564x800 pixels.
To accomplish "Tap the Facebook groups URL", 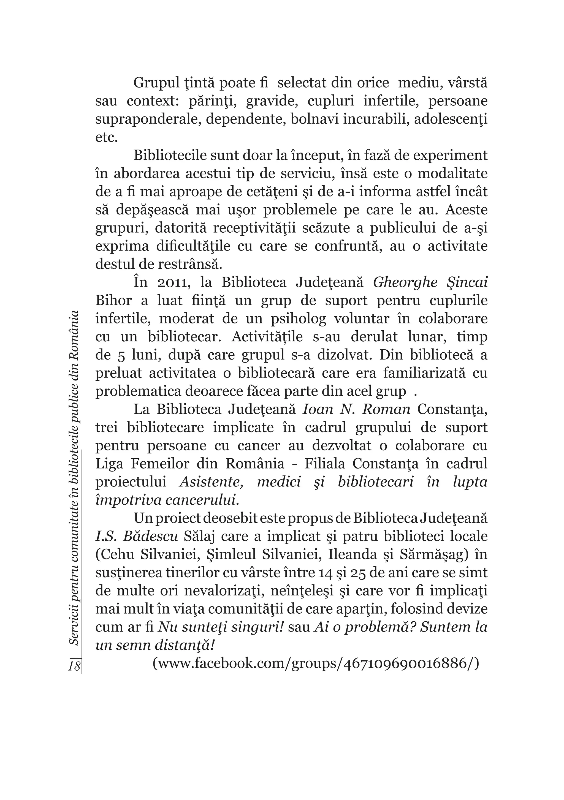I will click(x=316, y=663).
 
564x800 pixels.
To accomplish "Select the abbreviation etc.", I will click(x=107, y=137).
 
